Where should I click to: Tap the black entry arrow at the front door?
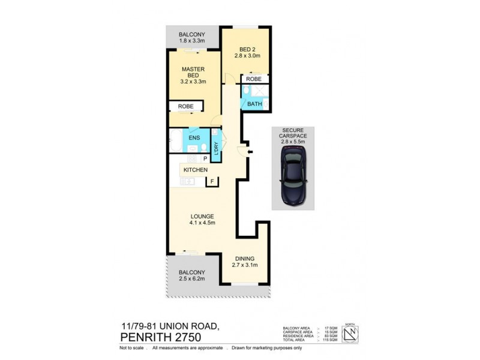click(250, 152)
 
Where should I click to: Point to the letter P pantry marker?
click(205, 158)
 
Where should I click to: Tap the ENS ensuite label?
click(194, 137)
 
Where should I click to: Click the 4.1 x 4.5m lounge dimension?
click(202, 223)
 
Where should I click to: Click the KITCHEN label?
click(195, 170)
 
